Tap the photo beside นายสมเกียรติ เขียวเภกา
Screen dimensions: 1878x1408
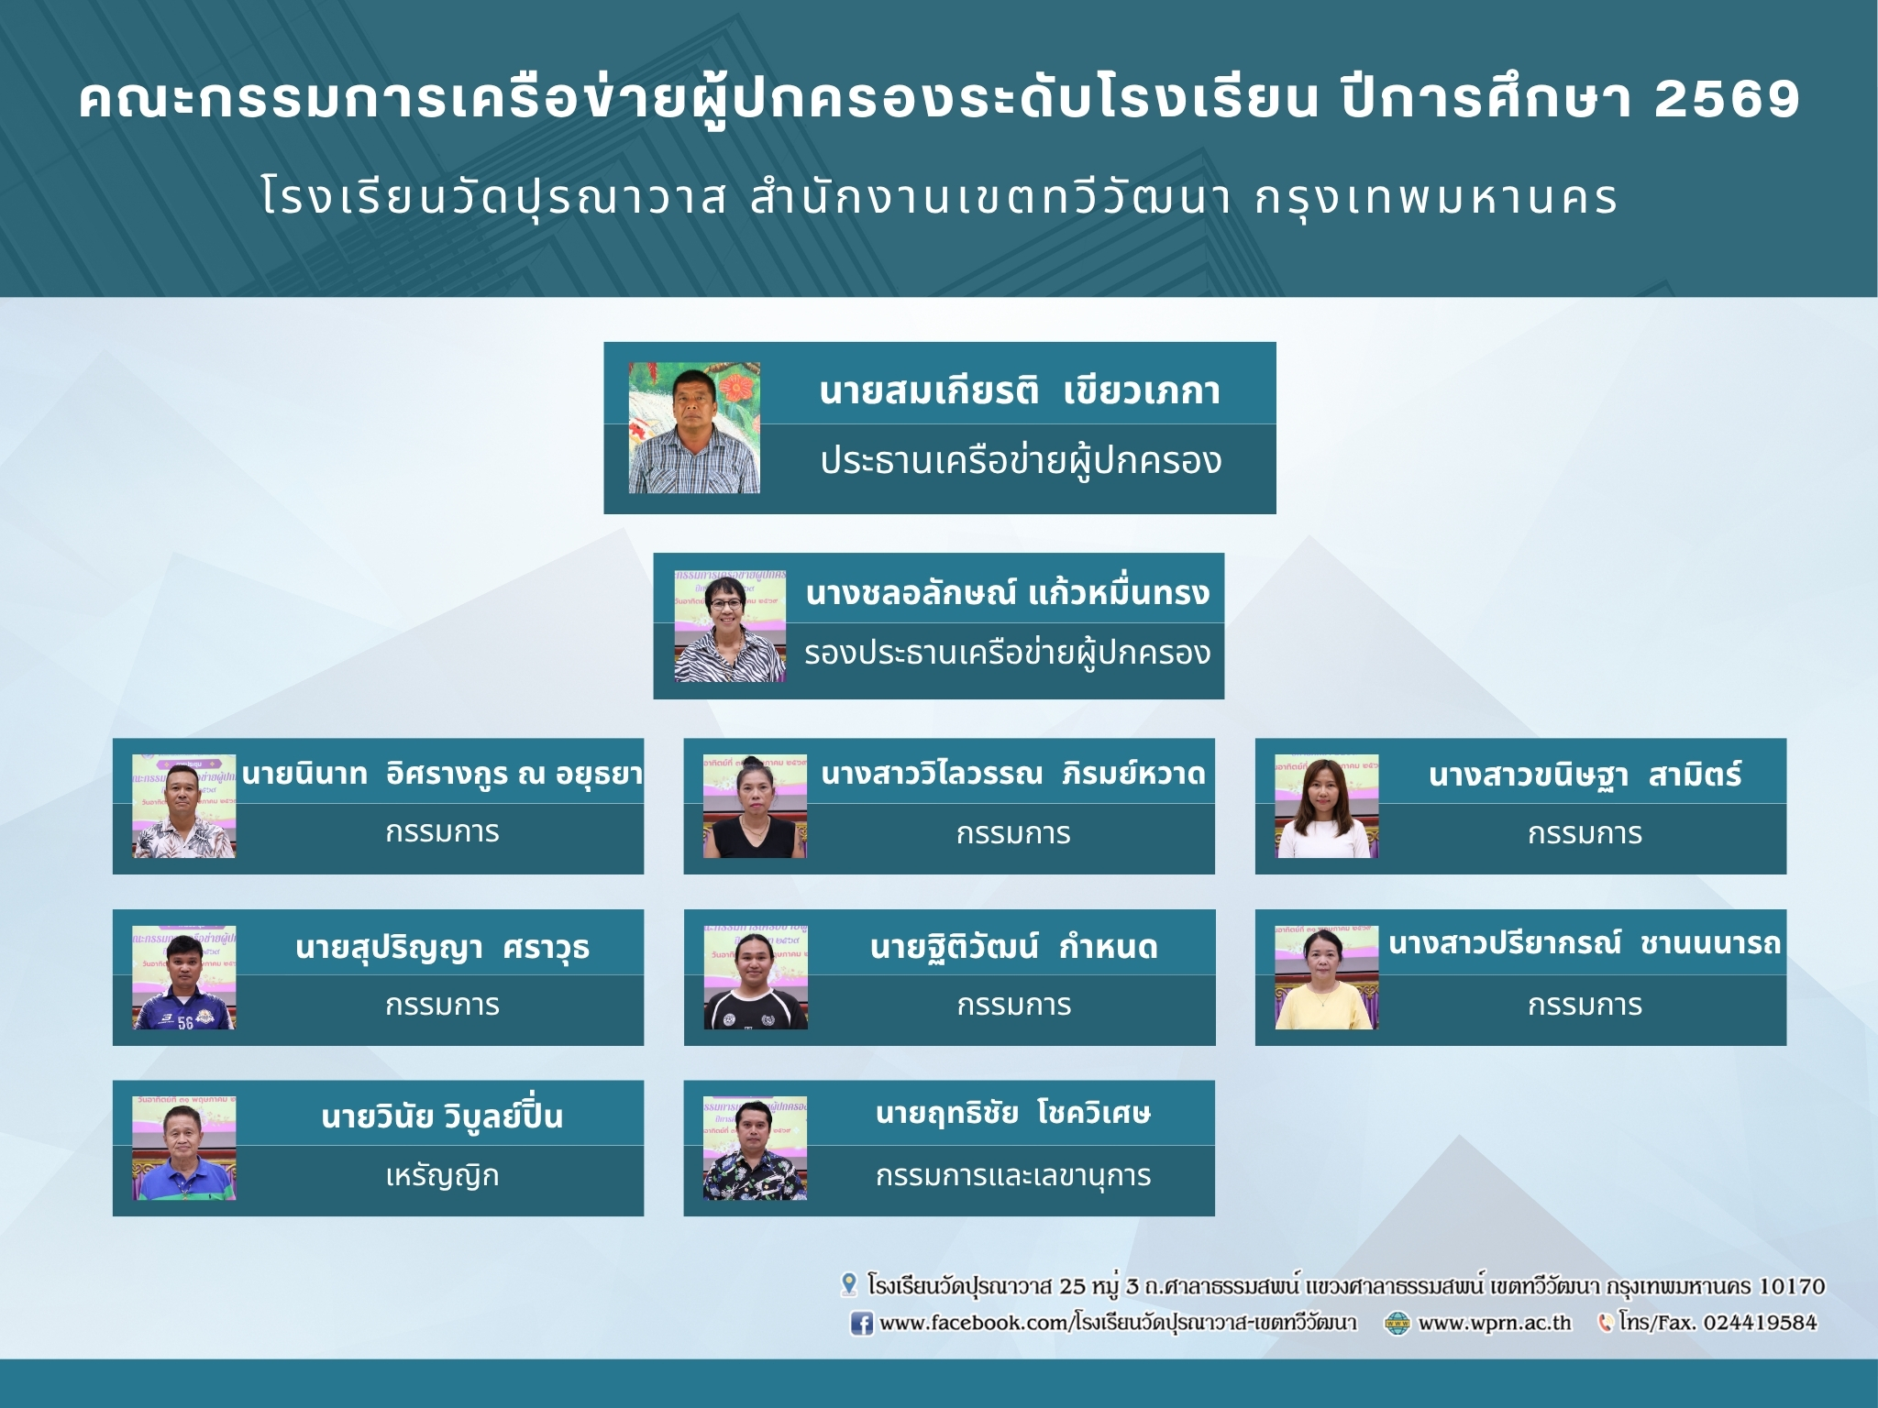tap(694, 428)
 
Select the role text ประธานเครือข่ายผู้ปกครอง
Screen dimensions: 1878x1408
tap(1021, 461)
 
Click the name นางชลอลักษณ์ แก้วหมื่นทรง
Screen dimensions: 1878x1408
tap(1008, 594)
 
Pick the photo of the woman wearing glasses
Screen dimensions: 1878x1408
tap(730, 626)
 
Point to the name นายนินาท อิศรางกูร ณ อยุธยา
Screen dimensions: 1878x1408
tap(442, 775)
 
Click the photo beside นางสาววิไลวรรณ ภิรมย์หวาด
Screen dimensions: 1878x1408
tap(755, 807)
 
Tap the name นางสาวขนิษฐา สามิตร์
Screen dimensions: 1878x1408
tap(1585, 775)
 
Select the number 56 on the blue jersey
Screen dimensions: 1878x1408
tap(185, 1023)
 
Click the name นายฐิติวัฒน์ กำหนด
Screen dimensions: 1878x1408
tap(1013, 947)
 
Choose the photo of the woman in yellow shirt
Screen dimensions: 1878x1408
tap(1327, 977)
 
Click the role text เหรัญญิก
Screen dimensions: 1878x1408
tap(442, 1176)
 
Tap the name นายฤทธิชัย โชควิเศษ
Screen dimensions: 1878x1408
tap(1013, 1114)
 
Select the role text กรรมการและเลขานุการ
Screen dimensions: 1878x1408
tap(1013, 1176)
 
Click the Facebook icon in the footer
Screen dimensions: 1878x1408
tap(861, 1324)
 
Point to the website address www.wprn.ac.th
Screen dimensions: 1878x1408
tap(1495, 1324)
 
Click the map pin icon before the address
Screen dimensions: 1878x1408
tap(849, 1285)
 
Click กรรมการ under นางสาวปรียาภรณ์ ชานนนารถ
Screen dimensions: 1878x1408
tap(1585, 1006)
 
